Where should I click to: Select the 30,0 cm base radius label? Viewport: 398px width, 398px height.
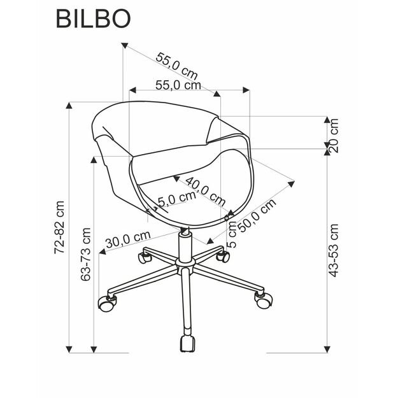point(127,239)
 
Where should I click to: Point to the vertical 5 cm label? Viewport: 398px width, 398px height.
point(232,234)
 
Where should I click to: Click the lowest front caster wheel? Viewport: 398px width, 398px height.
point(187,344)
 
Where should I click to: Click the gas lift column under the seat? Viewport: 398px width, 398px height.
point(187,245)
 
